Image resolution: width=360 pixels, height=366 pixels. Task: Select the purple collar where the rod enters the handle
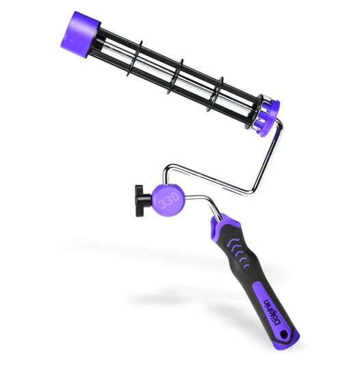point(220,222)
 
